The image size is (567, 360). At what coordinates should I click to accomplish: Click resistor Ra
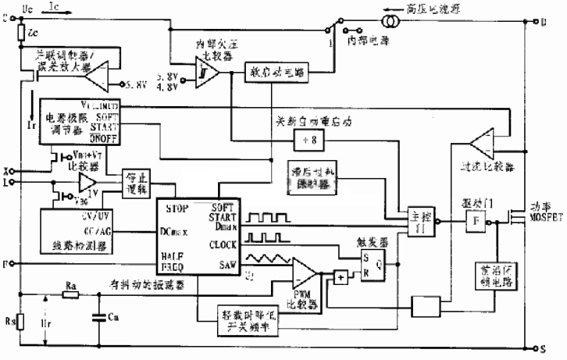click(x=71, y=295)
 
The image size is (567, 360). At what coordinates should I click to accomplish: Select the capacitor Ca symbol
click(x=99, y=317)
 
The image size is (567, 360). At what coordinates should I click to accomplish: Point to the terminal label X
click(x=6, y=169)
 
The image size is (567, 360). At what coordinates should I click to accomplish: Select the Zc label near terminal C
click(x=32, y=35)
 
